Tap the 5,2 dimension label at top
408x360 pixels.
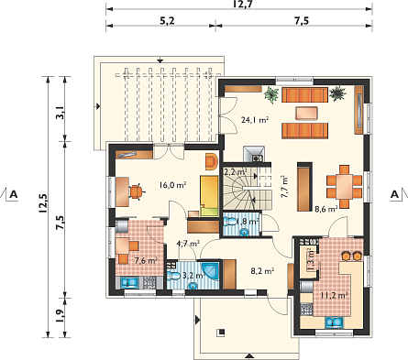(x=167, y=21)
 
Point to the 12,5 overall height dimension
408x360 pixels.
(x=43, y=202)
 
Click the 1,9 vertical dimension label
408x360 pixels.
(x=61, y=316)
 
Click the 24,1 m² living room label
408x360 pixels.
(x=255, y=120)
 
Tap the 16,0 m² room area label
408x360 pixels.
(x=172, y=185)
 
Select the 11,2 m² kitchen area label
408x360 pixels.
(x=335, y=295)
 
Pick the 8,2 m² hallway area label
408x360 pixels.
(x=262, y=271)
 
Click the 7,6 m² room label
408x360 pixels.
(x=146, y=260)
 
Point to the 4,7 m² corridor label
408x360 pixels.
(x=188, y=244)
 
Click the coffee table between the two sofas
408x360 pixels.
(x=306, y=113)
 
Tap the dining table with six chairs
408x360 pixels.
(x=345, y=187)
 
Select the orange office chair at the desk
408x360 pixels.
(x=137, y=191)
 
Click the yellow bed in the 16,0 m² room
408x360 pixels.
(x=209, y=196)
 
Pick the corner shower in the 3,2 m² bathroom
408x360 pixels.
(x=211, y=270)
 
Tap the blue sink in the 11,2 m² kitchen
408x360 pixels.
(x=335, y=322)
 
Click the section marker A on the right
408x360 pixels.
(x=395, y=194)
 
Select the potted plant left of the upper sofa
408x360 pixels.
(x=271, y=94)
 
